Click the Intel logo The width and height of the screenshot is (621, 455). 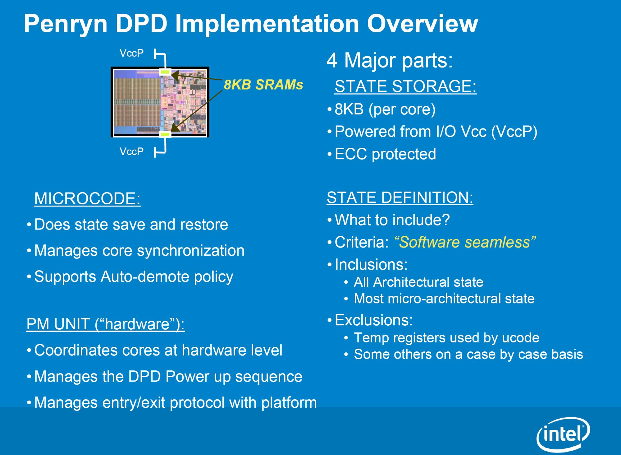coord(563,434)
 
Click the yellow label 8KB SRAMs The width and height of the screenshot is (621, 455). coord(263,85)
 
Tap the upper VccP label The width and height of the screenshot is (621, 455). coord(132,53)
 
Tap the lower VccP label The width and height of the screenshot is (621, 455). coord(132,151)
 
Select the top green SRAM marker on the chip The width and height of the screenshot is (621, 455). coord(165,72)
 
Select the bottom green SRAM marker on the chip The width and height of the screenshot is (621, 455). coord(165,134)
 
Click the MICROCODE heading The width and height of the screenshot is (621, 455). coord(87,198)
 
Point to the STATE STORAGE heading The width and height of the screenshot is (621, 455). coord(406,86)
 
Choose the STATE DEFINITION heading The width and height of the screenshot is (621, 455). coord(400,197)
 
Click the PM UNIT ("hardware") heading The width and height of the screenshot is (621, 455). coord(106,324)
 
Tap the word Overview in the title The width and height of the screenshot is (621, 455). coord(422,23)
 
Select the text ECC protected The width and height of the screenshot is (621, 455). coord(386,154)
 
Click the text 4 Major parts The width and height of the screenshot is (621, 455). coord(390,60)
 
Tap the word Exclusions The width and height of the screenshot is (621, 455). coord(374,320)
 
